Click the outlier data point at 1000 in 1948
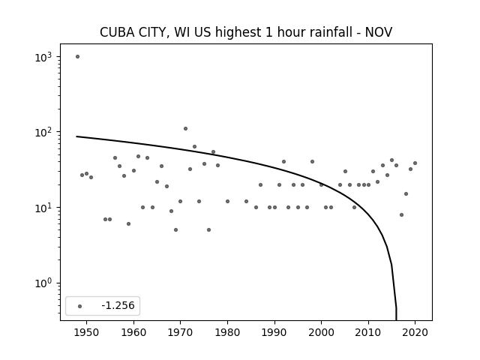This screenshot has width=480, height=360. (77, 57)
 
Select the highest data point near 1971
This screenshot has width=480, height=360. (185, 128)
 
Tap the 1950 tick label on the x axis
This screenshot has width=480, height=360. (86, 332)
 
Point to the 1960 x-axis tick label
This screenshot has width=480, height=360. (133, 332)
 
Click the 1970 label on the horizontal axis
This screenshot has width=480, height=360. (180, 332)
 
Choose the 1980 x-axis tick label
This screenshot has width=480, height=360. (227, 332)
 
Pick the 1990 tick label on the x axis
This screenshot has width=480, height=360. (274, 332)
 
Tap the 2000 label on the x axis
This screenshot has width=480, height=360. (322, 332)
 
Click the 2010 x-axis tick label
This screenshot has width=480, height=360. (368, 332)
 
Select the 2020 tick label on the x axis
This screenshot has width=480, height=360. (415, 332)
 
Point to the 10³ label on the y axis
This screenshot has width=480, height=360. (43, 57)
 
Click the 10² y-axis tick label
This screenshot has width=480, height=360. (43, 133)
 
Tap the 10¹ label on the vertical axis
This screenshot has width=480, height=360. (43, 208)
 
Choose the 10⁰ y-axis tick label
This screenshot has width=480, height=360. (43, 283)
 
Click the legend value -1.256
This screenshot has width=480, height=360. (118, 305)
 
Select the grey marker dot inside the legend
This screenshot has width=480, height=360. (80, 306)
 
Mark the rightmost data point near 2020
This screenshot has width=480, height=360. (415, 163)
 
